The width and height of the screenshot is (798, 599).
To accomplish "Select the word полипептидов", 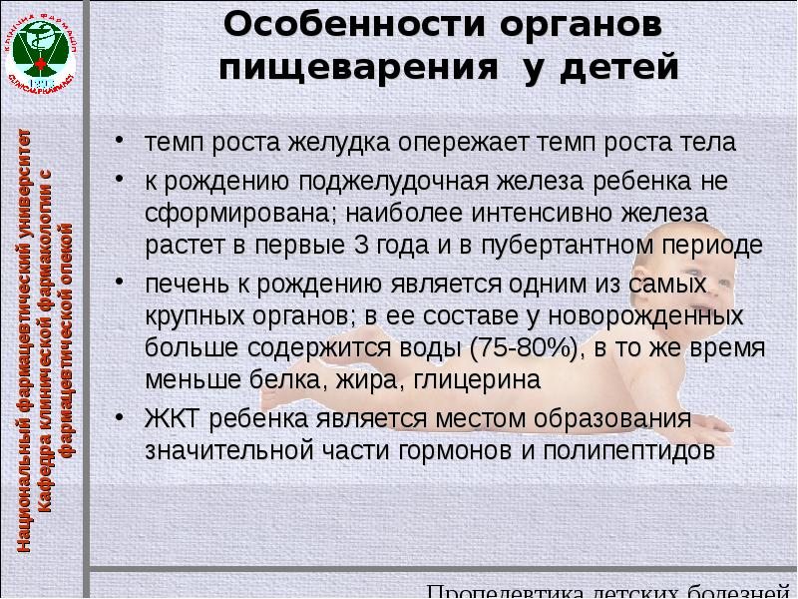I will point(626,450).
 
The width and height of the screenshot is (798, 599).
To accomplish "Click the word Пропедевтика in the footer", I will point(499,589).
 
